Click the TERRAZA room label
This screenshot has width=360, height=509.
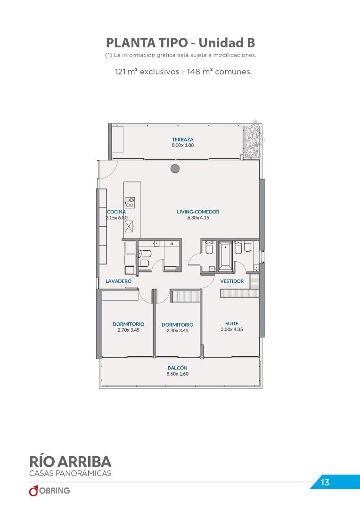point(183,140)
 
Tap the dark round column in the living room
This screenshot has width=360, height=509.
point(175,168)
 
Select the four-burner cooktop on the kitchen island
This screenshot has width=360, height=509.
point(130,203)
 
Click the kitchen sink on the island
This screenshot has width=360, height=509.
point(129,226)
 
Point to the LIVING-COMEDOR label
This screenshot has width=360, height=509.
point(198,212)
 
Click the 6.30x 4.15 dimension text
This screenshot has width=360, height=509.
point(198,218)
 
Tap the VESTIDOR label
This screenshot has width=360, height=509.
point(232,281)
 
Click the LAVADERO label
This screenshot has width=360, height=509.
point(118,281)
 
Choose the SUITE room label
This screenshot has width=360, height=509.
point(232,323)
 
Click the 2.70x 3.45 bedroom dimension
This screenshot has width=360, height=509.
point(129,330)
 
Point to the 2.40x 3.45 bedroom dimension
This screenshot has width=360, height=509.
point(177,330)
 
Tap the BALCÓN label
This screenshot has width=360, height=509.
point(178,368)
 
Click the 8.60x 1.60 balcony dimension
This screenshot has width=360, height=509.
point(178,374)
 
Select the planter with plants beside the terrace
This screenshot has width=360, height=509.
point(253,139)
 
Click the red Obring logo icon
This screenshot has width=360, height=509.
point(33,491)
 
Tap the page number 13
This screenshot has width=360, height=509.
point(325,483)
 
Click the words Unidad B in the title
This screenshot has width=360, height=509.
point(227,43)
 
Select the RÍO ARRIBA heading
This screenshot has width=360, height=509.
point(70,461)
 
